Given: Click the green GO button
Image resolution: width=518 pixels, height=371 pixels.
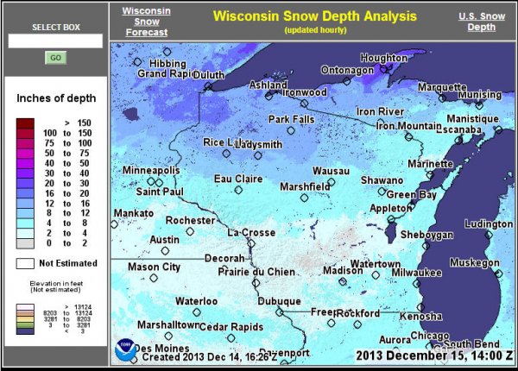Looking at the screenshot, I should [55, 58].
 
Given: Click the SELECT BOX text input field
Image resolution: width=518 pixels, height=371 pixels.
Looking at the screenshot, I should [55, 41].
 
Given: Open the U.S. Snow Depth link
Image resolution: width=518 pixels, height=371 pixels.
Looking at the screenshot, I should [481, 22].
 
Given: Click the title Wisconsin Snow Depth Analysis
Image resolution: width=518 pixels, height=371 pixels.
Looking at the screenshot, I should [314, 16].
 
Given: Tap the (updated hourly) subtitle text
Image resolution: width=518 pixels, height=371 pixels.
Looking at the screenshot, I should [314, 30].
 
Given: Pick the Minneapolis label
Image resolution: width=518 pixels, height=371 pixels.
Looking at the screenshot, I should [151, 171].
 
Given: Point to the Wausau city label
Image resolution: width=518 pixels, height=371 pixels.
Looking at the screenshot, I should [331, 171].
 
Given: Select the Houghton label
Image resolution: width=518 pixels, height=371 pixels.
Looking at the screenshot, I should [382, 58].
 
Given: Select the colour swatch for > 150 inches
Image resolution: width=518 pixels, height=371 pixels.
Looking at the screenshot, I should [23, 123].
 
